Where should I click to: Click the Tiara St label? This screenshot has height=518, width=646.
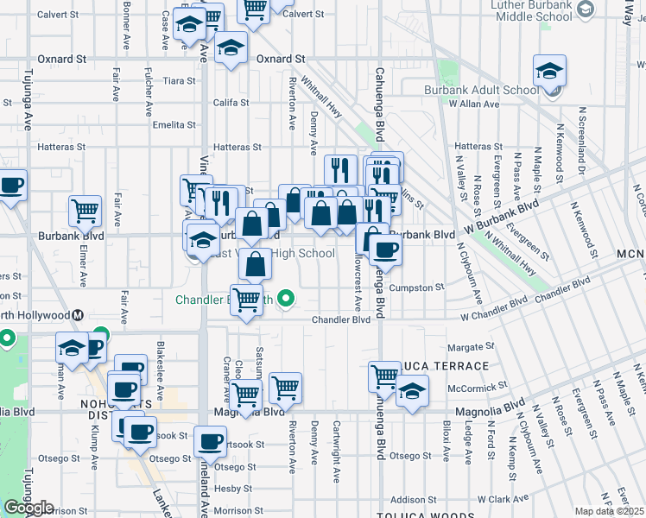pos(179,81)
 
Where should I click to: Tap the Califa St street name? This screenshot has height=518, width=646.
pos(231,103)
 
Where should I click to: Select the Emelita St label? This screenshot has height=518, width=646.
pos(174,125)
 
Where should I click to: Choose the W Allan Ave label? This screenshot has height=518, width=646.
pos(474,104)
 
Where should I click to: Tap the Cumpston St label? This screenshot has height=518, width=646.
pos(416,287)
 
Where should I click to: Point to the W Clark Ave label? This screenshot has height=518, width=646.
pos(495,499)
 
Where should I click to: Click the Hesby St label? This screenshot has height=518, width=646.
pos(231,489)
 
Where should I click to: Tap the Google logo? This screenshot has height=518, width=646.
pos(28,508)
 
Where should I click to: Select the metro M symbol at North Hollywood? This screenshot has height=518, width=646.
pos(78,316)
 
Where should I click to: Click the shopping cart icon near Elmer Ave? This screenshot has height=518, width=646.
pos(85,210)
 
